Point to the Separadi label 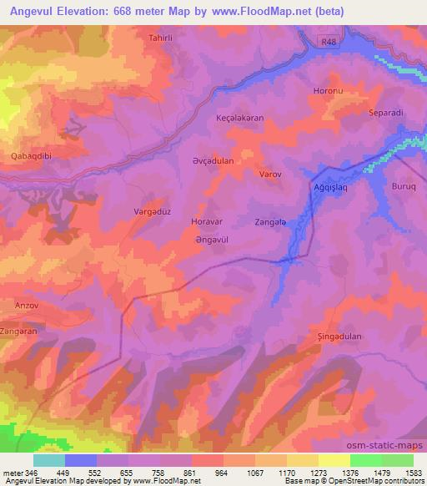pos(387,112)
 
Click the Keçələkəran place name pos(239,119)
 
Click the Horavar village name pos(208,224)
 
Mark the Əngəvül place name pos(211,240)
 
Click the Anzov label pos(27,306)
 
